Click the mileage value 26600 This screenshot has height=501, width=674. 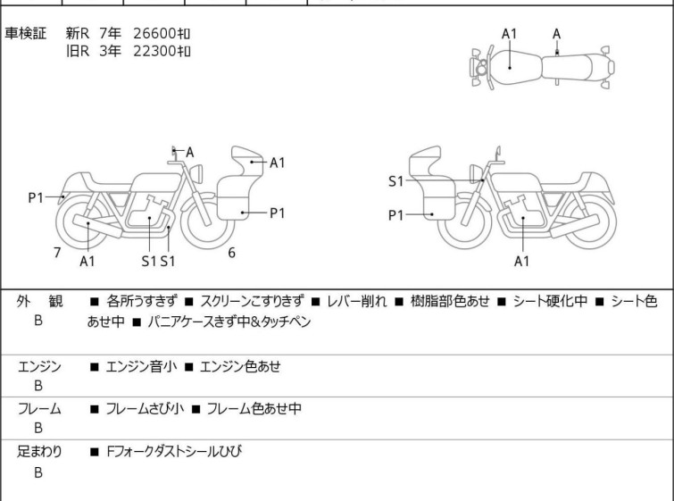pos(154,33)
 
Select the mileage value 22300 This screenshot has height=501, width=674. pos(154,51)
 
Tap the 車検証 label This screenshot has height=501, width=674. pos(25,33)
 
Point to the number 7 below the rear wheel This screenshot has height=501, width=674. pos(57,253)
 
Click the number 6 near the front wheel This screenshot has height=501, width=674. pos(232,253)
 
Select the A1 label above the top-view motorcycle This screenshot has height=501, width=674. pos(509,34)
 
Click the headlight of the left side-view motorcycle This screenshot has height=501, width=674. pos(196,173)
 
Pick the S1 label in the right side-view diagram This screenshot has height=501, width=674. pos(395,181)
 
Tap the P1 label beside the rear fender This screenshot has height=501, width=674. pos(36,198)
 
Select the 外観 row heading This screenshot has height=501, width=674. pos(39,301)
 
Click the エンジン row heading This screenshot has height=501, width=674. pos(39,366)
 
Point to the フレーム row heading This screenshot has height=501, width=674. pos(39,408)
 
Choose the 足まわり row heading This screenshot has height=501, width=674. pos(39,451)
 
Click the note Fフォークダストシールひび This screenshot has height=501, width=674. pos(174,451)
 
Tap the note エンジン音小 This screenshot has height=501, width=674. pos(141,366)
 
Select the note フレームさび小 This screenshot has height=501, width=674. pos(145,408)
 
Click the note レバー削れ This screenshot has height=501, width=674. pos(357,301)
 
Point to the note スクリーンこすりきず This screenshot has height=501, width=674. pos(253,301)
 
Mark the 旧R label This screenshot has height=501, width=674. pos(78,51)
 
